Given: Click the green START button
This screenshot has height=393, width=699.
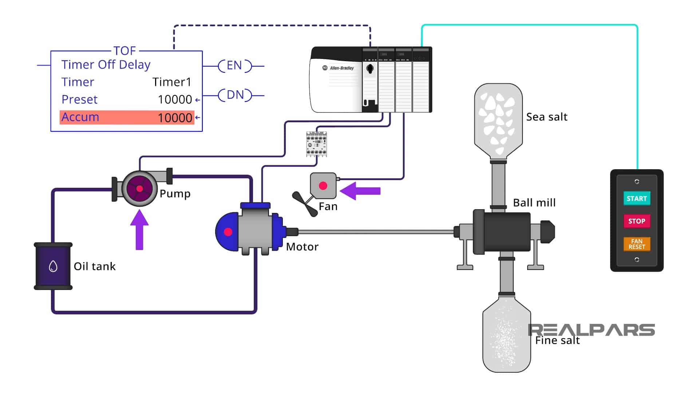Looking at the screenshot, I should [636, 199].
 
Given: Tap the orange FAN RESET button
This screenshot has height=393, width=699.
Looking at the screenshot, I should [636, 244].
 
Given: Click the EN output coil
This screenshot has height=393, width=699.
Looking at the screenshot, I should [234, 66].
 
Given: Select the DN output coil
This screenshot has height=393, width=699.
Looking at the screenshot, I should [235, 95].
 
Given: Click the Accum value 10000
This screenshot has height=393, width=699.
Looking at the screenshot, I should [175, 118].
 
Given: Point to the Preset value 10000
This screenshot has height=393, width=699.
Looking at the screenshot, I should [175, 99].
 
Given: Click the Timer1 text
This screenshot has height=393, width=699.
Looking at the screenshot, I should [171, 82].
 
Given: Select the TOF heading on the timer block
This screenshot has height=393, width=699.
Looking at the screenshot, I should [125, 51].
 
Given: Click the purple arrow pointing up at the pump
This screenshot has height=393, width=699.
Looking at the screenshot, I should [139, 229].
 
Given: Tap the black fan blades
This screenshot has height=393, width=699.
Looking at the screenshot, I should [305, 204].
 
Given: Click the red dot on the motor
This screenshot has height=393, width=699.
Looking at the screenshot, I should [228, 232].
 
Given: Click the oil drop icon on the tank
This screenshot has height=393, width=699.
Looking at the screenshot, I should [53, 266].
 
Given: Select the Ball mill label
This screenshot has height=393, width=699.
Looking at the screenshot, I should [534, 203].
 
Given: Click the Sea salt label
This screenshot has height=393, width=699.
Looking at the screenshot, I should [546, 117].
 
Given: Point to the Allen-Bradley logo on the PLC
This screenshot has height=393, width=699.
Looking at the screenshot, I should [338, 68].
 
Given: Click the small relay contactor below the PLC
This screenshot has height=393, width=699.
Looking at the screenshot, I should [316, 144].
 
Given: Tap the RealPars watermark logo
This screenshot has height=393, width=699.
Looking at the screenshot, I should [591, 330].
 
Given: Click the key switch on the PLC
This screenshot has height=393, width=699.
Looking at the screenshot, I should [370, 68].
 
